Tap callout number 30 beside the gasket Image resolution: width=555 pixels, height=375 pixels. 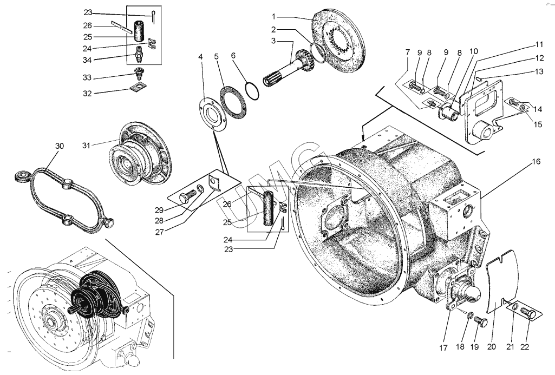[60, 146]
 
